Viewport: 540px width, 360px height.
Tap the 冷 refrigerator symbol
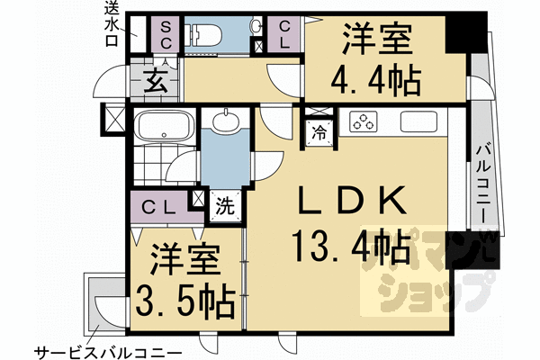click(319, 132)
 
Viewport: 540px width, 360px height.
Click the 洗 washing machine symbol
click(225, 205)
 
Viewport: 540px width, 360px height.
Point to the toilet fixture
click(204, 36)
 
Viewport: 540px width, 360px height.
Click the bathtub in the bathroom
click(164, 125)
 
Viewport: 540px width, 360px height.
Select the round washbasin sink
click(226, 121)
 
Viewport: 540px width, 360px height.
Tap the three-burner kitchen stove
click(364, 121)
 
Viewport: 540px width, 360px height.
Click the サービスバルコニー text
click(108, 349)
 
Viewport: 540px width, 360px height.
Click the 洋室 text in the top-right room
click(377, 43)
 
